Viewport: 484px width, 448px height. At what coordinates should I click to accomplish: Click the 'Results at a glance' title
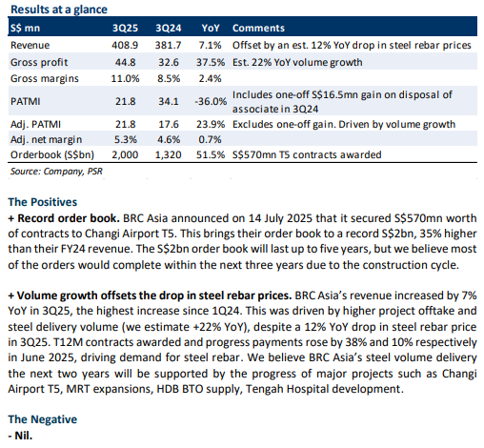pyautogui.click(x=59, y=10)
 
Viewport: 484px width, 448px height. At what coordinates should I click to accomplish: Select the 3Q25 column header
pyautogui.click(x=125, y=28)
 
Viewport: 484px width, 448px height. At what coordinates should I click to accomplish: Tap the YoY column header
pyautogui.click(x=211, y=28)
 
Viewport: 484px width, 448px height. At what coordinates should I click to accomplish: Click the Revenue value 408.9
pyautogui.click(x=125, y=45)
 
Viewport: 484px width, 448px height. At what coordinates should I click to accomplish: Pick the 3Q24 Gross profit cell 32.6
pyautogui.click(x=169, y=62)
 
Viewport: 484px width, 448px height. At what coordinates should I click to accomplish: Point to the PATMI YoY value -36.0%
pyautogui.click(x=211, y=101)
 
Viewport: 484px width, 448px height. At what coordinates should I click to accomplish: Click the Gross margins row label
pyautogui.click(x=45, y=78)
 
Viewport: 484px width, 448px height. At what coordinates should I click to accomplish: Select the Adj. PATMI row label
pyautogui.click(x=35, y=124)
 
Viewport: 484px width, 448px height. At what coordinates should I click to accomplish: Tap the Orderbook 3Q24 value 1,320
pyautogui.click(x=168, y=154)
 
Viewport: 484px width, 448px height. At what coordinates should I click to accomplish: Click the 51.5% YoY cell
pyautogui.click(x=211, y=154)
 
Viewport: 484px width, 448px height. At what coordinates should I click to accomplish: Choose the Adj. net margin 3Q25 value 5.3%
pyautogui.click(x=125, y=139)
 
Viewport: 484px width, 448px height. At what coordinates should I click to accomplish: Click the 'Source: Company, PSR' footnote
pyautogui.click(x=56, y=172)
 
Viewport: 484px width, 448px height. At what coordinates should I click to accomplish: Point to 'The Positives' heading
pyautogui.click(x=43, y=202)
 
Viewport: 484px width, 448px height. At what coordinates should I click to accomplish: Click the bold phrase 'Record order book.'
pyautogui.click(x=69, y=218)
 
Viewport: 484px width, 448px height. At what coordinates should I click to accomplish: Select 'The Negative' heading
pyautogui.click(x=43, y=419)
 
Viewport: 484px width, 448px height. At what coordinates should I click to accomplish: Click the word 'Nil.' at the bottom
pyautogui.click(x=23, y=436)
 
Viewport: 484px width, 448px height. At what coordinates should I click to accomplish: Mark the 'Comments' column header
pyautogui.click(x=258, y=28)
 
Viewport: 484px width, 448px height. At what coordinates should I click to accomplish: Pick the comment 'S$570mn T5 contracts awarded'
pyautogui.click(x=307, y=154)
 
